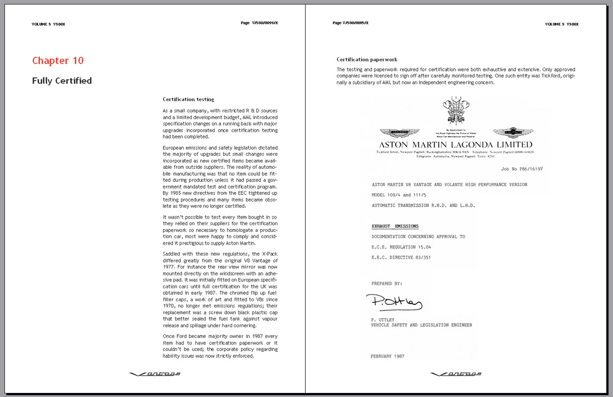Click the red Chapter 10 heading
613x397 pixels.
click(x=58, y=61)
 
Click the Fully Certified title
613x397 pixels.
click(x=62, y=81)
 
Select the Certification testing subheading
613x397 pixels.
click(x=188, y=99)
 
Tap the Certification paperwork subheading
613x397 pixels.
click(x=367, y=60)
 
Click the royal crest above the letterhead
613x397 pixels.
click(x=456, y=110)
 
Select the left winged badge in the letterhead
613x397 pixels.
click(x=399, y=133)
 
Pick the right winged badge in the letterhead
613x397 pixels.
click(x=513, y=132)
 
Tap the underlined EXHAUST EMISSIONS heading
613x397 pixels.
click(x=395, y=226)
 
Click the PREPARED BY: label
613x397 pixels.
click(x=386, y=283)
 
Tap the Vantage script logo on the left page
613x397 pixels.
click(x=154, y=374)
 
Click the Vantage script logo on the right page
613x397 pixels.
click(x=456, y=374)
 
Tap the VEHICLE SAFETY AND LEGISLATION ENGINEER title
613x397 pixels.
click(x=421, y=325)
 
